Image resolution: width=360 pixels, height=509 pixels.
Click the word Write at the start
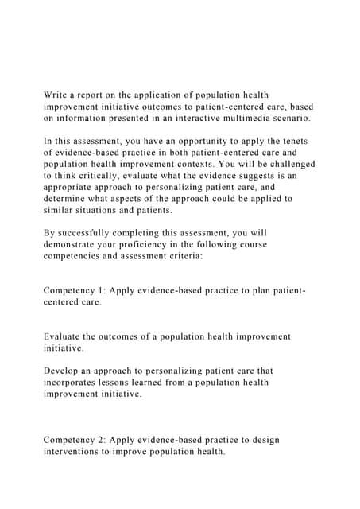[57, 95]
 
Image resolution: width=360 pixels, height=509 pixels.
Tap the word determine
[70, 199]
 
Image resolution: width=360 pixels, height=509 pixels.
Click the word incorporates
[77, 383]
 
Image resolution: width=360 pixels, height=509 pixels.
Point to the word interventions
[81, 452]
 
